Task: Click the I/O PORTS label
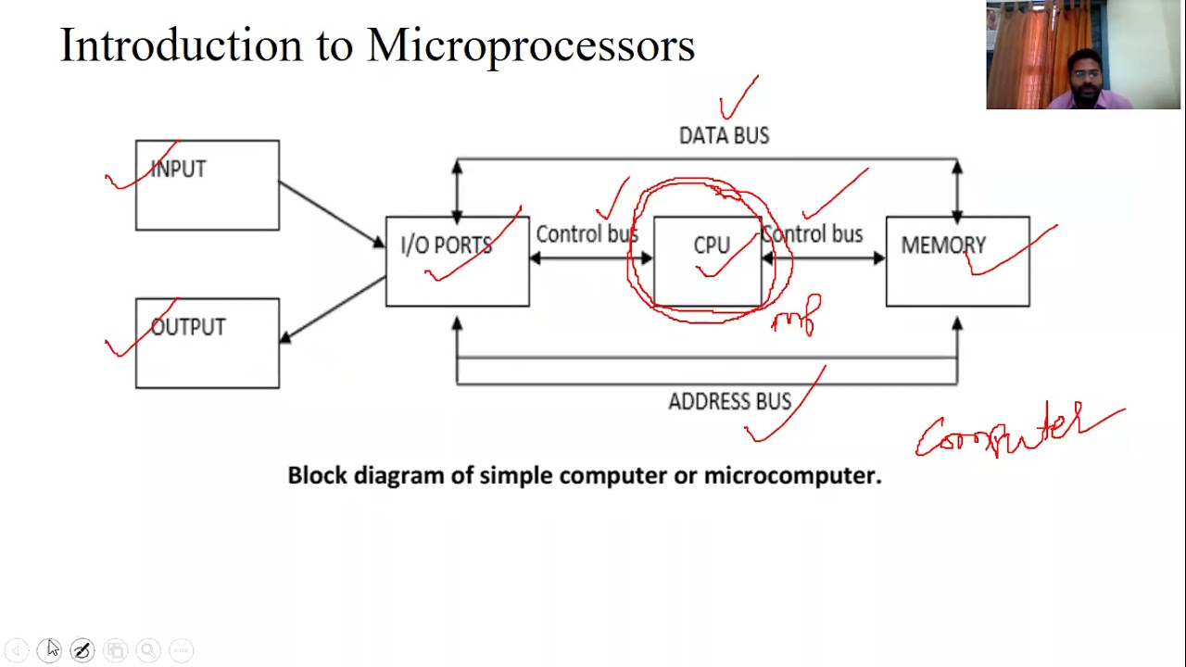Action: (446, 245)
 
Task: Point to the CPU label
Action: (711, 245)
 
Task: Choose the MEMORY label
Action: (943, 245)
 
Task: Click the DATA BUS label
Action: (724, 136)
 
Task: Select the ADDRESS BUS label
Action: (729, 402)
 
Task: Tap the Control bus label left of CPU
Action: (586, 234)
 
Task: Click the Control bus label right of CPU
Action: (813, 234)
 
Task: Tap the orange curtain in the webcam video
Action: (1019, 56)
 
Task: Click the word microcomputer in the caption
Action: (790, 475)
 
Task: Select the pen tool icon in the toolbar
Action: (82, 650)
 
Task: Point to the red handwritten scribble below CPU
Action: (797, 316)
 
